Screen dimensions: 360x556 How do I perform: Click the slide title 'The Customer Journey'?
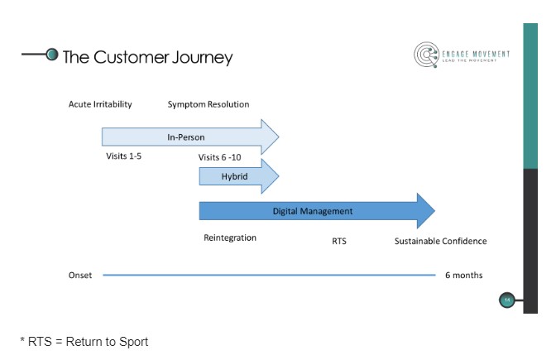tap(147, 57)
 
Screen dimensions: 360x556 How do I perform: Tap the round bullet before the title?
tap(53, 55)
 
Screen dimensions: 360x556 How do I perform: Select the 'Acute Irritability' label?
tap(100, 104)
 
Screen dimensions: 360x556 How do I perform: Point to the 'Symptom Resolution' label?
tap(208, 104)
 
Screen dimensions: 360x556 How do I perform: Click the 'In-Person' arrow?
tap(190, 137)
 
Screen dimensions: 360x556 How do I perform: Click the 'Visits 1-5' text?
tap(124, 156)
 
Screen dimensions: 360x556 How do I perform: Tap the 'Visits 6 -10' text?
tap(221, 157)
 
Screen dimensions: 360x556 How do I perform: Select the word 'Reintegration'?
tap(230, 238)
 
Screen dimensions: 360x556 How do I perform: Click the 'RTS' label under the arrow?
tap(339, 242)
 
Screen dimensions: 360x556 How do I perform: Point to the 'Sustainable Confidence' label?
tap(440, 242)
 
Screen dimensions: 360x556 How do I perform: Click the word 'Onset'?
tap(80, 275)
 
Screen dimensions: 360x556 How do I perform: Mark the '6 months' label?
tap(463, 275)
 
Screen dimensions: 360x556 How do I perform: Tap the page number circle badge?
tap(508, 300)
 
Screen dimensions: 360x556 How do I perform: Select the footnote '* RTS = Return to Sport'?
tap(84, 341)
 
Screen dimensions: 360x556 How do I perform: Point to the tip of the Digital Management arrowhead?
tap(434, 211)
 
